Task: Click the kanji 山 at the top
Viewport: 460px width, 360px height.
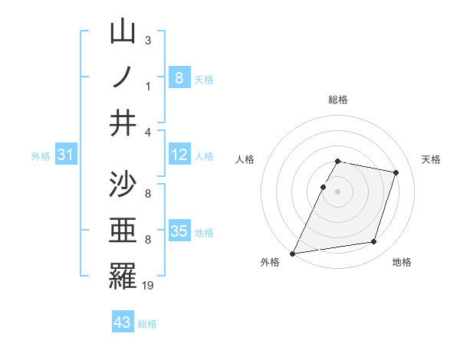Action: tap(123, 33)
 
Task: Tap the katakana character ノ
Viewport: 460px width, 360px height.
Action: tap(123, 77)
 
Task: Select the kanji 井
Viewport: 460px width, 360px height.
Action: tap(123, 123)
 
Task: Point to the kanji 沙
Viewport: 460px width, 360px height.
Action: tap(123, 185)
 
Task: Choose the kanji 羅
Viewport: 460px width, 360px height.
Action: tap(123, 276)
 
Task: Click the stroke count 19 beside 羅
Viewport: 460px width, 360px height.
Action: tap(149, 286)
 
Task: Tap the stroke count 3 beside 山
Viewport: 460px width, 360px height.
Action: tap(148, 40)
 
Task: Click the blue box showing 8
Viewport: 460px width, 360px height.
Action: tap(179, 77)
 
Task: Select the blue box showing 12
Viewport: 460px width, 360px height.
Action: tap(179, 155)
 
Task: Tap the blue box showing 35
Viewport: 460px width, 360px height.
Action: tap(179, 231)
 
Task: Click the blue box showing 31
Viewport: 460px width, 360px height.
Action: tap(67, 155)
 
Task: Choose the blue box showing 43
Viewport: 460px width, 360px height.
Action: tap(122, 322)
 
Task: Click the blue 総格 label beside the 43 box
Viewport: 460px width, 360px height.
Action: tap(147, 324)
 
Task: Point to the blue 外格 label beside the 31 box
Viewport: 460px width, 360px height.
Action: tap(41, 156)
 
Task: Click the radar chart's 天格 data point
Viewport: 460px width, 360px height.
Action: tap(396, 172)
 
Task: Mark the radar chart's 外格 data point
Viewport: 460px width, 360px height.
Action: tap(293, 253)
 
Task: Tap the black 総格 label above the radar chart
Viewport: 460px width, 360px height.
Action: tap(338, 100)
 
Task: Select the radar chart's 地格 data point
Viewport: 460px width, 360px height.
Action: tap(374, 242)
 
